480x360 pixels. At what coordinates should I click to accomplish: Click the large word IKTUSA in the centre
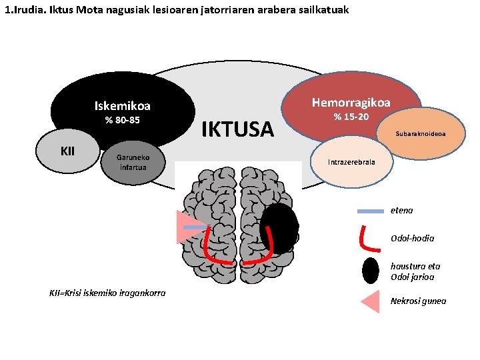pos(237,129)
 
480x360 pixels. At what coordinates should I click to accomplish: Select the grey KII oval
pos(67,151)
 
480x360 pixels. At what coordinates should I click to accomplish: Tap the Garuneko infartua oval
pos(133,163)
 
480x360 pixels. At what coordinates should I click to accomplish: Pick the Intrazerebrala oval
pos(351,162)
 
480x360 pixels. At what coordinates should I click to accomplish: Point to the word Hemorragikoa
pos(351,102)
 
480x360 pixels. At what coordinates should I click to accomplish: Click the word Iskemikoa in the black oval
pos(123,106)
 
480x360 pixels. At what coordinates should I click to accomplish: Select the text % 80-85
pos(123,121)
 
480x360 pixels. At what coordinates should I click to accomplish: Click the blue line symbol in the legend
pos(370,211)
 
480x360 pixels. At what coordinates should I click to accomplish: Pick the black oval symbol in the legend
pos(371,270)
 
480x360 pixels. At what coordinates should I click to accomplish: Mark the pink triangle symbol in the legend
pos(371,301)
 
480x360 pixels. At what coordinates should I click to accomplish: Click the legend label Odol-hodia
pos(412,238)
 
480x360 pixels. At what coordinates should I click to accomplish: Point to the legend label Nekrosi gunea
pos(418,301)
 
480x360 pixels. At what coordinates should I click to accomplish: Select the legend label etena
pos(401,211)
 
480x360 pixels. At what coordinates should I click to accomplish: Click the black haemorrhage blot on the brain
pos(279,227)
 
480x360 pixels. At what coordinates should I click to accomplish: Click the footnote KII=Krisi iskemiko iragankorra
pos(107,293)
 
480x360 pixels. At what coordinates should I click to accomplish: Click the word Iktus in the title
pos(61,10)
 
